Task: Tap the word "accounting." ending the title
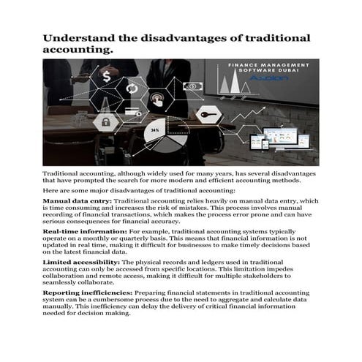tap(78, 50)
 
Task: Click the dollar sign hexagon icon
tap(107, 75)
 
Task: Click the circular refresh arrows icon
tap(133, 89)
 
